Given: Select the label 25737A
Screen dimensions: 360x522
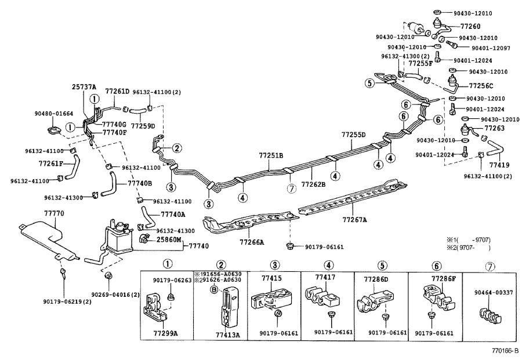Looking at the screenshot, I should (x=84, y=87).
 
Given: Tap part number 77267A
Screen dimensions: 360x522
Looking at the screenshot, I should (x=354, y=220).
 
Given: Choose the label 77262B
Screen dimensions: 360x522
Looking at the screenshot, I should (x=313, y=184).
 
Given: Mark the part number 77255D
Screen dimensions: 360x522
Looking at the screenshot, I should (x=353, y=134).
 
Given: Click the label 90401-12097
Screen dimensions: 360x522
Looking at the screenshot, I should (x=491, y=48).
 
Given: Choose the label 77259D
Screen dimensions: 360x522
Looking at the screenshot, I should (x=143, y=125).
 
